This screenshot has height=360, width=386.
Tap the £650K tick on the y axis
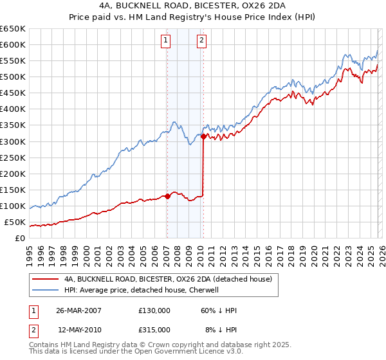(x=13, y=29)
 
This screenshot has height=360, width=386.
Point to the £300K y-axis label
(x=13, y=141)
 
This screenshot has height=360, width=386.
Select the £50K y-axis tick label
(x=15, y=222)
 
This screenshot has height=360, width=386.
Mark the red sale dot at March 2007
(x=167, y=196)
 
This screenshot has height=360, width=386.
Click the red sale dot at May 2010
(x=203, y=136)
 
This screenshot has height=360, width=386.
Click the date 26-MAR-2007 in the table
(x=79, y=310)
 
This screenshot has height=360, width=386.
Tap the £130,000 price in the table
(x=154, y=310)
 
